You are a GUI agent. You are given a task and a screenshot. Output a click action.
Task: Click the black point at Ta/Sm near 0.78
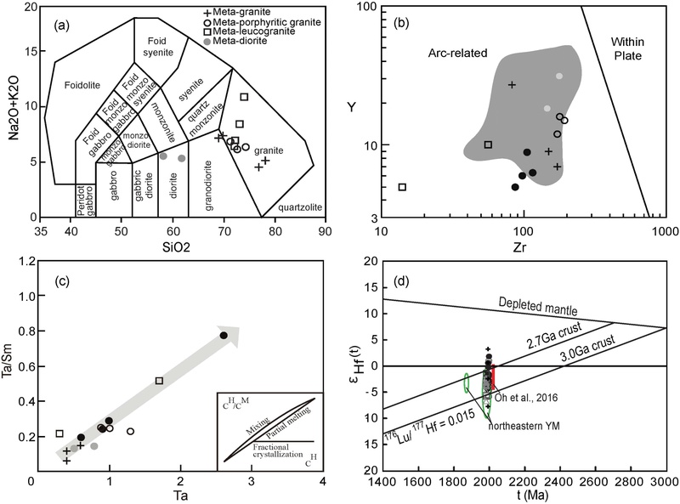point(224,336)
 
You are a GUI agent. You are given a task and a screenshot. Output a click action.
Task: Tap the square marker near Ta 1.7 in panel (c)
point(159,381)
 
